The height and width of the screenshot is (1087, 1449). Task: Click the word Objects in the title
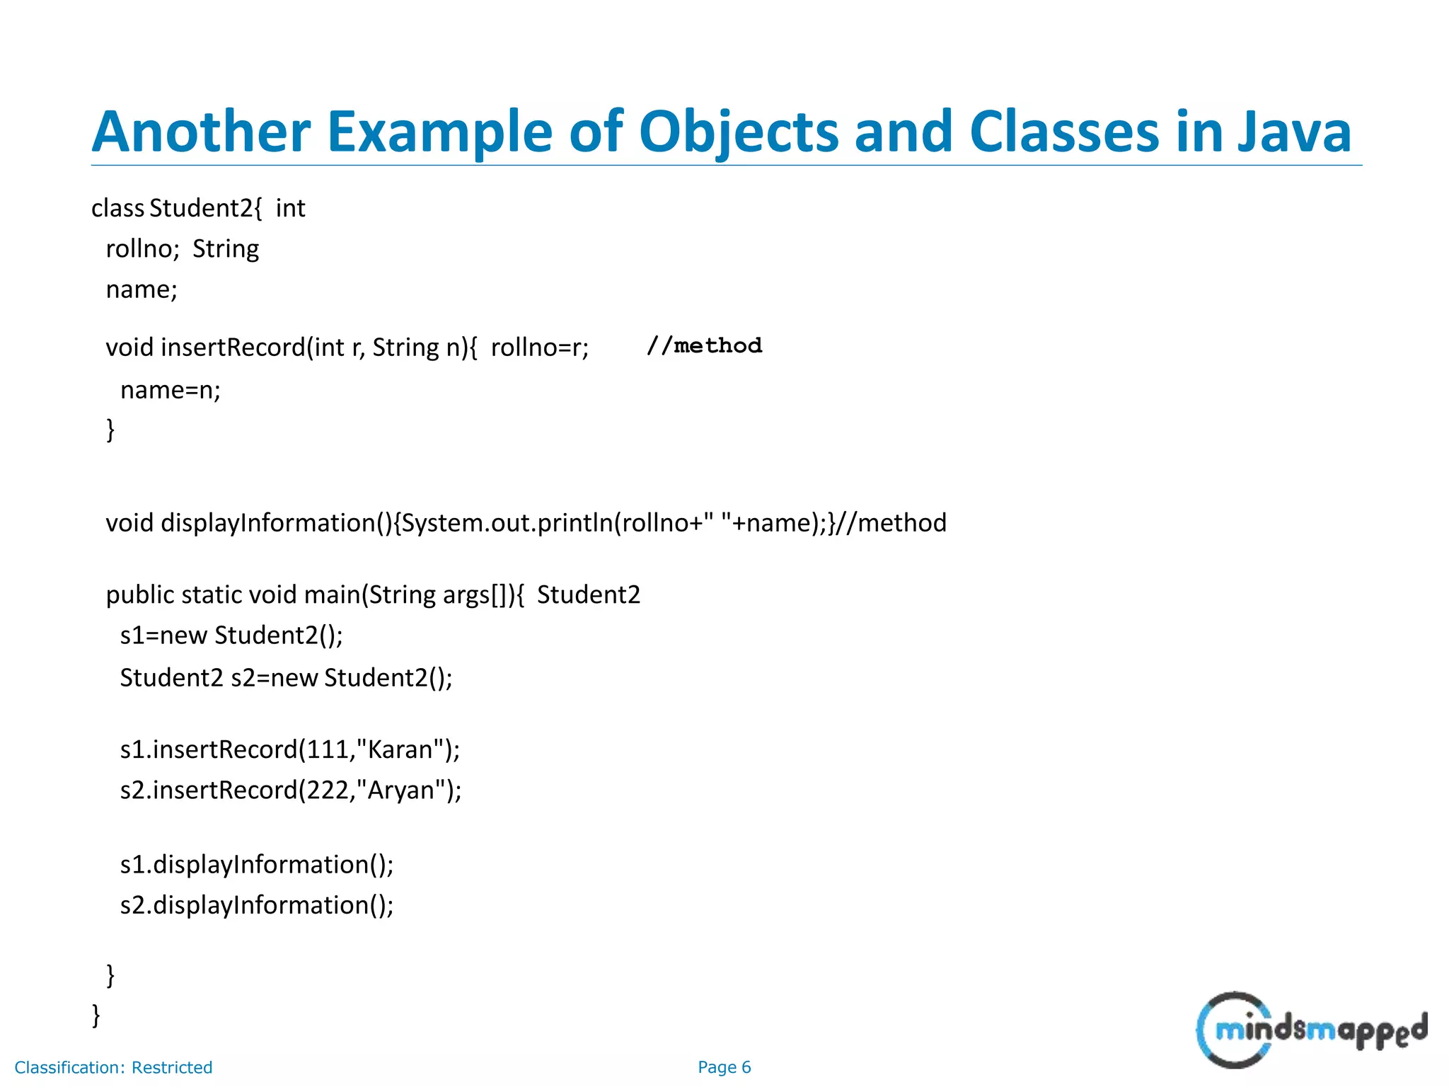pyautogui.click(x=738, y=132)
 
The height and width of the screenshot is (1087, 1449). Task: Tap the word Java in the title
pyautogui.click(x=1294, y=132)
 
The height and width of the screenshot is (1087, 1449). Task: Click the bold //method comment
pyautogui.click(x=704, y=346)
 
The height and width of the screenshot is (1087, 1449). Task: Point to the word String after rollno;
pyautogui.click(x=226, y=249)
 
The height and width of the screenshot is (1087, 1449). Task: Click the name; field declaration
pyautogui.click(x=142, y=289)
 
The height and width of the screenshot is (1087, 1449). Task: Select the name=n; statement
pyautogui.click(x=171, y=390)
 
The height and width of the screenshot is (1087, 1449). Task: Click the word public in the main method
pyautogui.click(x=139, y=595)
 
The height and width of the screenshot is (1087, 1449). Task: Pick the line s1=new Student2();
pyautogui.click(x=231, y=635)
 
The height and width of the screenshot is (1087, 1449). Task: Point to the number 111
pyautogui.click(x=325, y=749)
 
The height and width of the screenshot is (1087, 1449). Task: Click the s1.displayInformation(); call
pyautogui.click(x=257, y=865)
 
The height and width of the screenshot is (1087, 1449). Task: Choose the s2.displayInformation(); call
pyautogui.click(x=257, y=905)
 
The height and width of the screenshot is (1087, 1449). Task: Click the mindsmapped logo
pyautogui.click(x=1311, y=1030)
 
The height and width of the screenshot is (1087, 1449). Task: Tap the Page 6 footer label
pyautogui.click(x=724, y=1067)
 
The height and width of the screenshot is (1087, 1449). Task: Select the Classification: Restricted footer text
pyautogui.click(x=113, y=1067)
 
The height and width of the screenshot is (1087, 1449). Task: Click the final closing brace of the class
pyautogui.click(x=96, y=1015)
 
